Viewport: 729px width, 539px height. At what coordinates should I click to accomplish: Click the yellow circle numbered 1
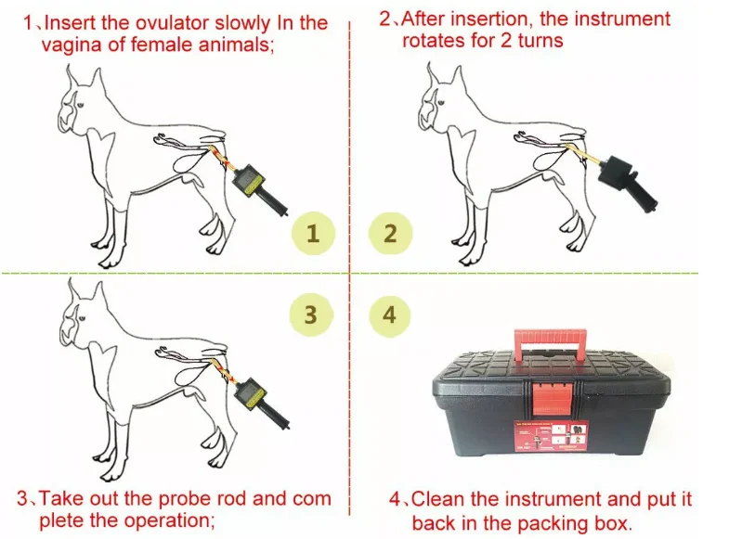[x=313, y=233]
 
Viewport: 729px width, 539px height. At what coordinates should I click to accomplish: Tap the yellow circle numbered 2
[x=390, y=233]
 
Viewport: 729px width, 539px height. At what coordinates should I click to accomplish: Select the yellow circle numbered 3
[x=311, y=314]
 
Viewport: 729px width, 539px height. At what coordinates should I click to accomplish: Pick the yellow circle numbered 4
[x=390, y=314]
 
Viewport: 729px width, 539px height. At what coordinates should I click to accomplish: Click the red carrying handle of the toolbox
[x=550, y=344]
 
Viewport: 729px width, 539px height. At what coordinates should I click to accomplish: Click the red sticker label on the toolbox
[x=551, y=436]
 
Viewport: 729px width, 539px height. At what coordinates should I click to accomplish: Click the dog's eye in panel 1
[x=81, y=105]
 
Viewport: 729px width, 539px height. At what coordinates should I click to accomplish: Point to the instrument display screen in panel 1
[x=248, y=177]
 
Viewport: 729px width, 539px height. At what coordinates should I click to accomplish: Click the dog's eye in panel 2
[x=441, y=102]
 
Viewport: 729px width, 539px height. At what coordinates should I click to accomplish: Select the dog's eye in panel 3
[x=82, y=318]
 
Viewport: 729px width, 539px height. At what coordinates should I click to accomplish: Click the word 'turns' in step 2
[x=540, y=41]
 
